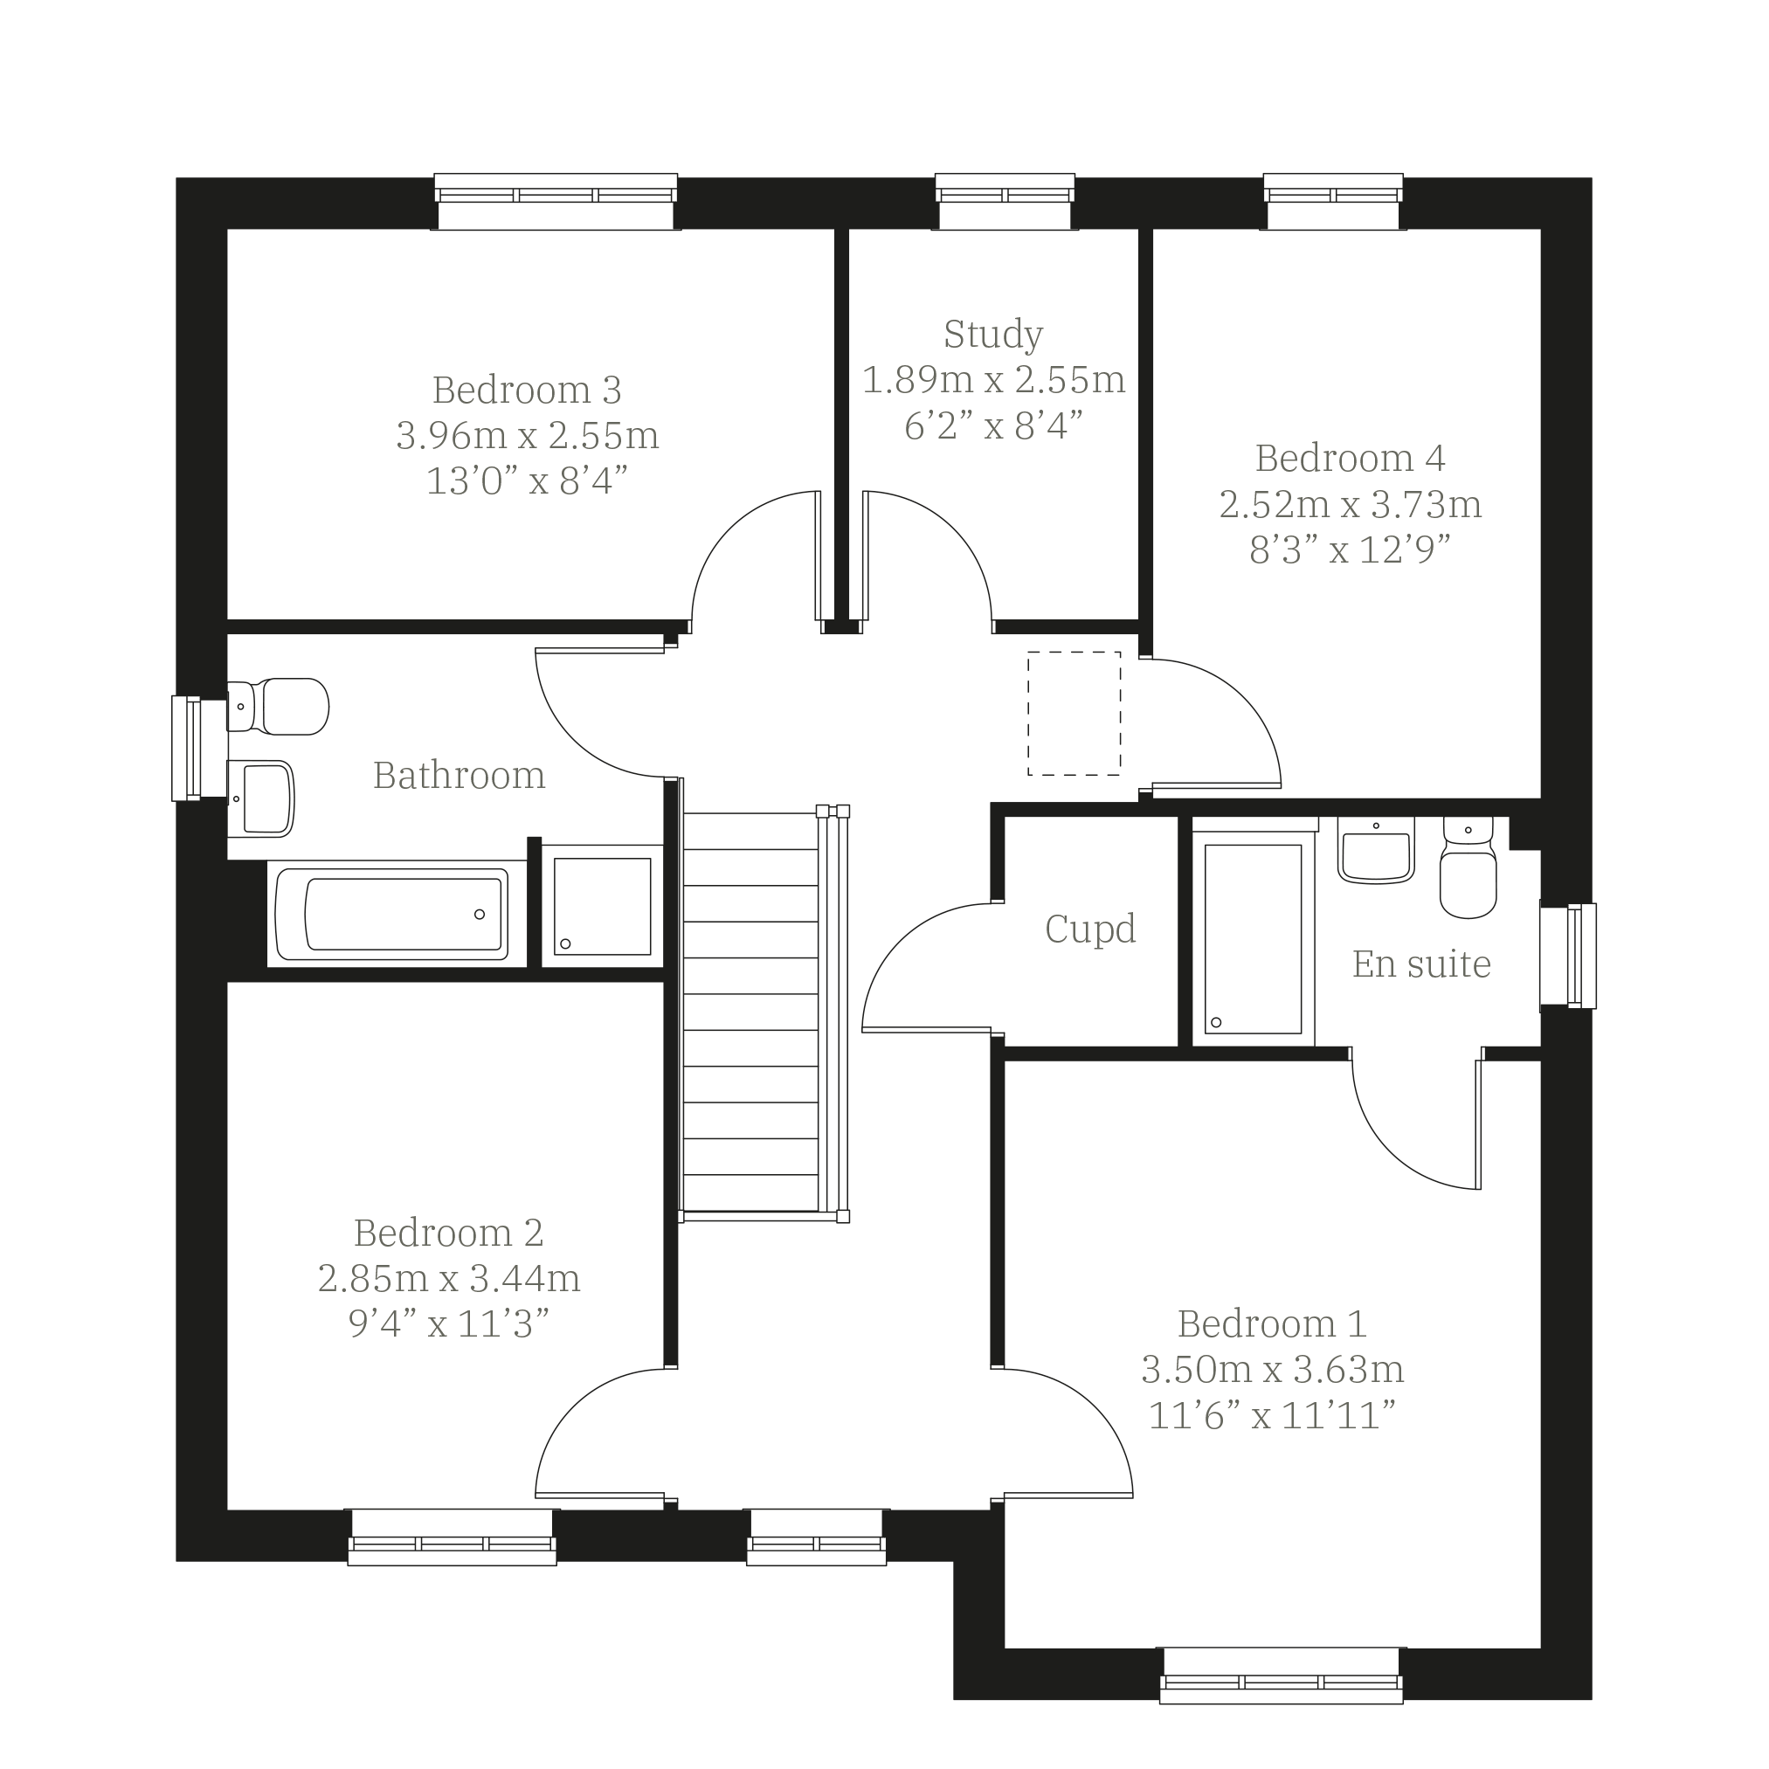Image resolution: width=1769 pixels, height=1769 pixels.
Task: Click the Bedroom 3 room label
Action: [527, 390]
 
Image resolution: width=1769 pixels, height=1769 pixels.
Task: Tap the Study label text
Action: [993, 335]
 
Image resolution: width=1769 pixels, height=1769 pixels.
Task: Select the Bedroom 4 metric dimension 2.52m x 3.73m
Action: [1350, 505]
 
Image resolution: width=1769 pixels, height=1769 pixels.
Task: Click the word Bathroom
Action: [459, 776]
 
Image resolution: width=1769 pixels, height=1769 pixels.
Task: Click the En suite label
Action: [1421, 964]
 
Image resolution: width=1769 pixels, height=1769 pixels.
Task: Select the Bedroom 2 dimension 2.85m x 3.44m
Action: [449, 1278]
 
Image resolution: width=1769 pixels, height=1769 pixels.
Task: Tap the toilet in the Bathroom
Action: [278, 706]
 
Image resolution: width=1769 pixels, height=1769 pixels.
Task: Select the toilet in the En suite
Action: [1468, 867]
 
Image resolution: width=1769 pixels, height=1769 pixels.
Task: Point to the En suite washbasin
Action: [1376, 850]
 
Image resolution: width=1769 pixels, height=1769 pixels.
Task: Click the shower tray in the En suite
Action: [1253, 938]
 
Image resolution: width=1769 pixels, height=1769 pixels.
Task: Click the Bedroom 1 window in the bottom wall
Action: [1281, 1676]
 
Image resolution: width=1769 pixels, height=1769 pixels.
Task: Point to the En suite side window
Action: [1568, 956]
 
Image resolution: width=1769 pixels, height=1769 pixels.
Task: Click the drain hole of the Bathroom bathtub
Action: [479, 914]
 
